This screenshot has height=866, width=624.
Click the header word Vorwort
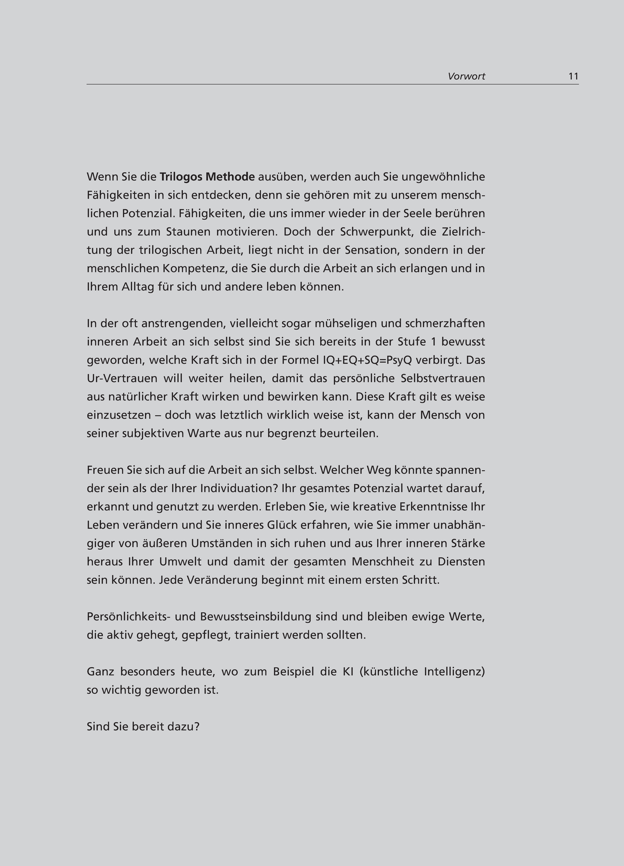click(466, 76)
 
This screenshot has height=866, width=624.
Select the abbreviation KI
click(342, 672)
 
